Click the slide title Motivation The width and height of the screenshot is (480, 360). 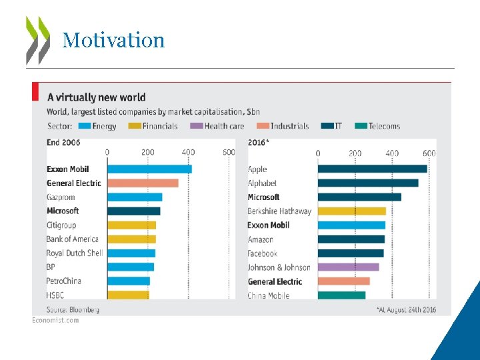[113, 40]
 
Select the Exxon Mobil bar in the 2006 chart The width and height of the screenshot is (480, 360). [149, 169]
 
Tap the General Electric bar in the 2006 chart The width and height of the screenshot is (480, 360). [143, 183]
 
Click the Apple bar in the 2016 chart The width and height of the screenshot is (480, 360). [372, 169]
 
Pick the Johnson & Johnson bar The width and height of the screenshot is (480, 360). [348, 267]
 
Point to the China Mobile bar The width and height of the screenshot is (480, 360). [341, 295]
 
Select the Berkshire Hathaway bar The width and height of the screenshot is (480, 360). [351, 211]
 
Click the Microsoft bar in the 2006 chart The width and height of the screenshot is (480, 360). [133, 211]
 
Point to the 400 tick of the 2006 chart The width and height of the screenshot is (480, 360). [189, 153]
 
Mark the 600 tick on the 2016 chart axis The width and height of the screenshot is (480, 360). [429, 153]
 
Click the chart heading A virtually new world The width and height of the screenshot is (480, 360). [96, 98]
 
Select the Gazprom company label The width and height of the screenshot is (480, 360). [61, 197]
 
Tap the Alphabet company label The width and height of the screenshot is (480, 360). [262, 183]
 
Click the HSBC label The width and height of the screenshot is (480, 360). [56, 295]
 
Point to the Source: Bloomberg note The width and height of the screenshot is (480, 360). [73, 309]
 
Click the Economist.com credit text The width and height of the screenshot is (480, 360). [56, 320]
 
